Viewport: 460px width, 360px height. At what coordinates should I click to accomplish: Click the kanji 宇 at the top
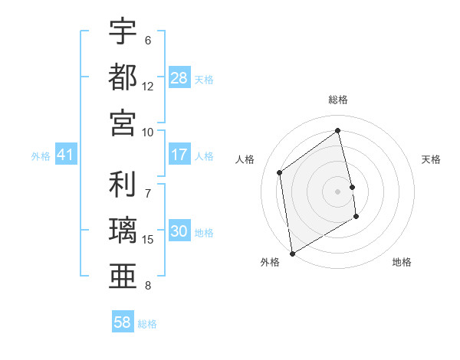(x=123, y=32)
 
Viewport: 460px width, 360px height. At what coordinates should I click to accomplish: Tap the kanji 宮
(x=123, y=122)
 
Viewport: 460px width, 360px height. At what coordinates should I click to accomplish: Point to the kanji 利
(x=123, y=186)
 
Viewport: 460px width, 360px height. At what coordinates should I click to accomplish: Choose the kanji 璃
(x=123, y=231)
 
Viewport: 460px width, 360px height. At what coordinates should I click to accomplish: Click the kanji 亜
(x=123, y=276)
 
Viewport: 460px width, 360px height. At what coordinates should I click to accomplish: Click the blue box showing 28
(x=179, y=78)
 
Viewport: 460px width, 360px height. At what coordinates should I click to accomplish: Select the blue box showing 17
(x=179, y=155)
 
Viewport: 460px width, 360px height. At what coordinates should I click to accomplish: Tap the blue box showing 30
(x=179, y=232)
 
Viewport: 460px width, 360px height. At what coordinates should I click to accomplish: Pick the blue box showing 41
(x=65, y=155)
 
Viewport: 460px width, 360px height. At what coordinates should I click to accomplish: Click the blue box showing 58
(x=122, y=323)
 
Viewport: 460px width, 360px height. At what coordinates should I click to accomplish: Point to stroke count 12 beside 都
(x=148, y=87)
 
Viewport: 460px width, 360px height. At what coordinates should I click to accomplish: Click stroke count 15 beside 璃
(x=148, y=240)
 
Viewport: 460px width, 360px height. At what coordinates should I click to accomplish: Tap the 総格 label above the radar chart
(x=338, y=100)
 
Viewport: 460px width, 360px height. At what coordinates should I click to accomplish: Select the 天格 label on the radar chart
(x=432, y=159)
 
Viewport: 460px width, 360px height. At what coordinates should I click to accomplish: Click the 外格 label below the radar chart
(x=270, y=262)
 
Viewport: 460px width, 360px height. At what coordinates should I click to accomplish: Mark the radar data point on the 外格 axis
(x=292, y=253)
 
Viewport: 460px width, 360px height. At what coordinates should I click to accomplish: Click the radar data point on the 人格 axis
(x=280, y=172)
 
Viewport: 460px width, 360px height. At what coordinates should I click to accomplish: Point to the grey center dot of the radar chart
(x=337, y=191)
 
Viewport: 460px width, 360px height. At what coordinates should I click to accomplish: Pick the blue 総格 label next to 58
(x=147, y=324)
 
